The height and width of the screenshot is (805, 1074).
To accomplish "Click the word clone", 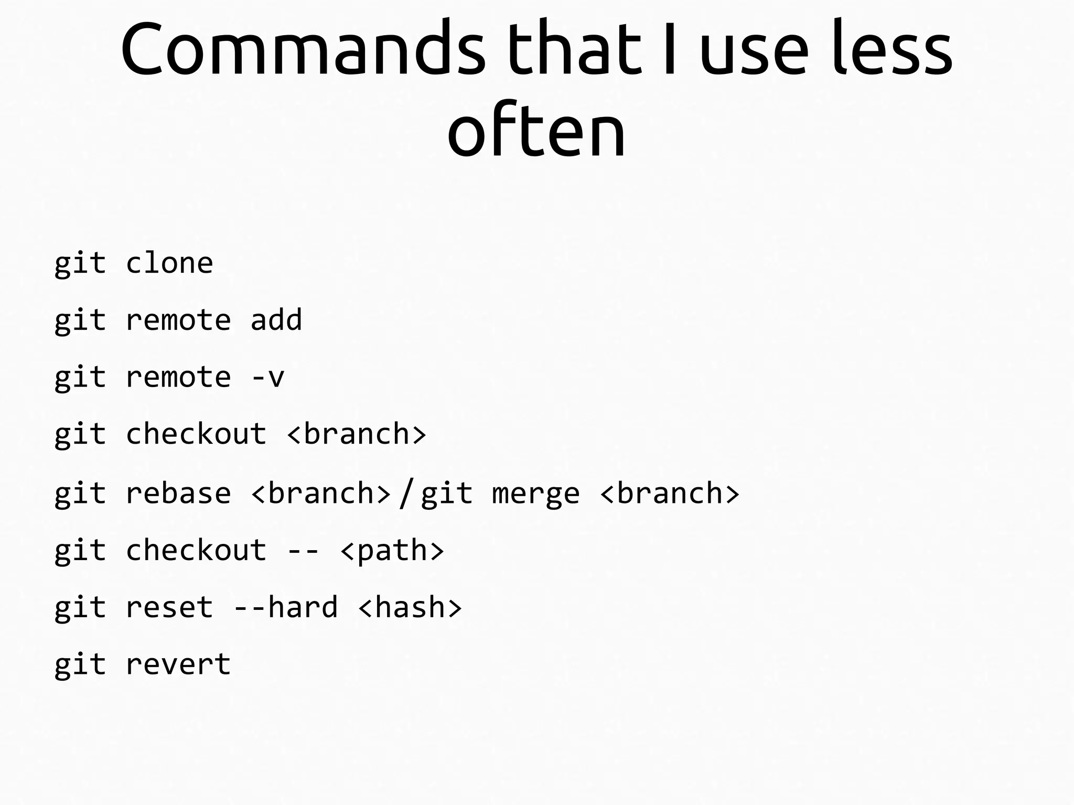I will click(x=169, y=263).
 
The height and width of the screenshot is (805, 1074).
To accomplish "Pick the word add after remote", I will click(x=276, y=320).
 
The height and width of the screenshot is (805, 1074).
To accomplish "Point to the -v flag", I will click(x=268, y=377).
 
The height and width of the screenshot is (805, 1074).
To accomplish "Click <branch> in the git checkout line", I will click(x=357, y=434).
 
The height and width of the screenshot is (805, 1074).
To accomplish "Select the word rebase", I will click(x=178, y=493).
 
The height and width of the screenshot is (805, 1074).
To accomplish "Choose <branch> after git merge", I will click(x=670, y=493).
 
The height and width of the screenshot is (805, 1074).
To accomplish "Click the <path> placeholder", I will click(x=392, y=551).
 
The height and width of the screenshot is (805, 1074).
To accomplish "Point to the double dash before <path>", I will click(x=303, y=551).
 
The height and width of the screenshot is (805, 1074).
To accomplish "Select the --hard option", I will click(x=285, y=608).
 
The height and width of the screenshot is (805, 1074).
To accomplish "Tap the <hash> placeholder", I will click(x=410, y=608).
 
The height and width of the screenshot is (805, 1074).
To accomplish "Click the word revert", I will click(x=178, y=664).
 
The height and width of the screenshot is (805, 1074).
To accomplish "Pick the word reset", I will click(x=169, y=608).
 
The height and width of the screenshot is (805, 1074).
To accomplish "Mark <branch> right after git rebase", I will click(x=321, y=493).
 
